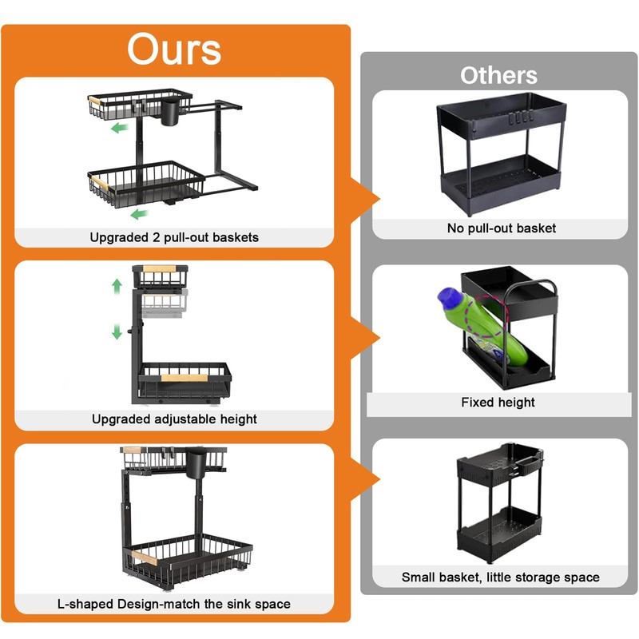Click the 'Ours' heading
click(174, 50)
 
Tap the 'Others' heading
click(498, 76)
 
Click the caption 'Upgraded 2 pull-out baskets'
click(174, 237)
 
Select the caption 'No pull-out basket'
click(501, 228)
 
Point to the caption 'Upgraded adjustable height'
click(174, 419)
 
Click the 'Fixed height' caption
click(498, 402)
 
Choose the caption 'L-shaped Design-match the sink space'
click(174, 603)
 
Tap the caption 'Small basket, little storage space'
click(500, 577)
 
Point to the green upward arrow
click(117, 285)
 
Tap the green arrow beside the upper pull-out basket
click(120, 128)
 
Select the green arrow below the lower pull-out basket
click(140, 213)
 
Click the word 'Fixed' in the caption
click(477, 402)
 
